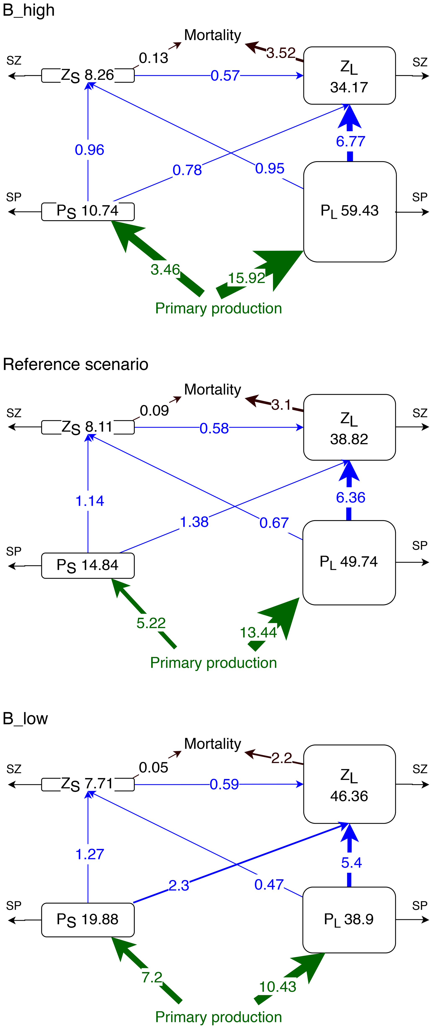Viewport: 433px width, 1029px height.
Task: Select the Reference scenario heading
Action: pos(75,364)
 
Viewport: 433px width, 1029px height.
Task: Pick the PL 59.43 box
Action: pos(350,211)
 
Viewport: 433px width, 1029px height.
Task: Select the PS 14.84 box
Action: pos(88,565)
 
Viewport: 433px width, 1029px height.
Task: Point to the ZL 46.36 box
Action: pos(349,785)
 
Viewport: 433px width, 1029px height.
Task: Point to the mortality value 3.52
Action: pos(281,53)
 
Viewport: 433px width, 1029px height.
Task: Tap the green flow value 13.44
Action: pos(258,632)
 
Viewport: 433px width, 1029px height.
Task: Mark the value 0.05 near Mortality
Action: pos(153,767)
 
